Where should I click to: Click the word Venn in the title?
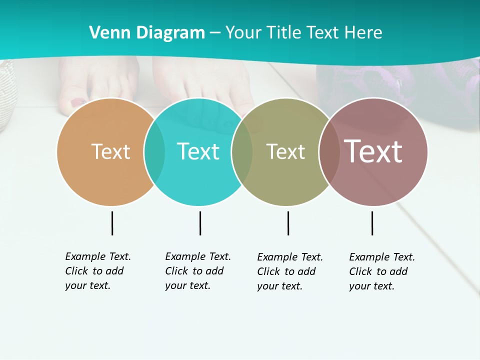click(x=106, y=32)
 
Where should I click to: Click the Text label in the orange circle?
click(x=110, y=151)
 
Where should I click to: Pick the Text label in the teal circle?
click(x=198, y=151)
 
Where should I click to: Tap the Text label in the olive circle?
click(x=285, y=151)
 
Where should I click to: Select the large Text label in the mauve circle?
click(x=373, y=151)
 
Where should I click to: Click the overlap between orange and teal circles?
click(x=154, y=151)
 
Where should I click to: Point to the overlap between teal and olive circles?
click(x=242, y=151)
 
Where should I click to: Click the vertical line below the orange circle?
click(x=112, y=223)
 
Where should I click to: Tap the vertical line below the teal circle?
click(x=200, y=223)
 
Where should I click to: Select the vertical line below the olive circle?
click(x=288, y=223)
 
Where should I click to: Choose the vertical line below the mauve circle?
click(x=372, y=223)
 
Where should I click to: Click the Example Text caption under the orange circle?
click(x=97, y=271)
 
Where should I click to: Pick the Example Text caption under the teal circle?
click(x=197, y=271)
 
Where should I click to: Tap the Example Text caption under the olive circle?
click(x=289, y=271)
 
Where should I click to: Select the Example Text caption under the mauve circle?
click(x=381, y=271)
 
